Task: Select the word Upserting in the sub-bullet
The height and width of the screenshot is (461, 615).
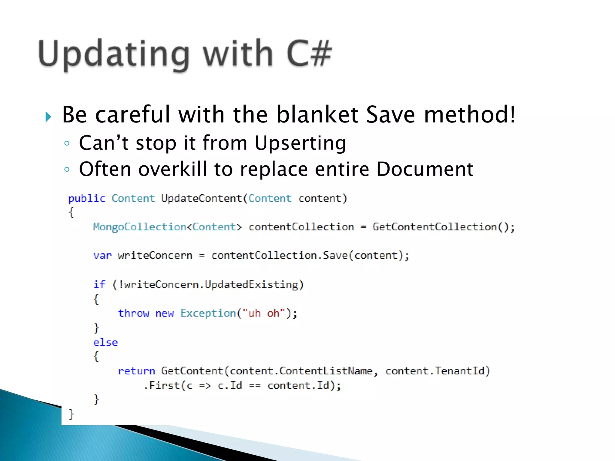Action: pos(300,143)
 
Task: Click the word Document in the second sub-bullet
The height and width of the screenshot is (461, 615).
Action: pos(425,169)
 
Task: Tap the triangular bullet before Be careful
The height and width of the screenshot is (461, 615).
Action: pos(48,116)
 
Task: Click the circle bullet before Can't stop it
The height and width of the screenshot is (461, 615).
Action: pos(67,143)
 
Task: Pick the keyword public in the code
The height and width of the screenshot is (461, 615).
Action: pos(86,198)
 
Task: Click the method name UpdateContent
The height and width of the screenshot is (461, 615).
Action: pos(201,198)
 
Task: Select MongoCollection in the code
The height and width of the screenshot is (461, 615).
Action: pos(139,227)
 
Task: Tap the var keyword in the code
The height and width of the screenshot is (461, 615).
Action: pos(102,255)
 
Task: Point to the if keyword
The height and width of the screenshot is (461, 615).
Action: pos(99,284)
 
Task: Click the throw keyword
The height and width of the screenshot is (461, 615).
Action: pos(133,313)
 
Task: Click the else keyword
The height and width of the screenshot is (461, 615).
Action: pos(105,342)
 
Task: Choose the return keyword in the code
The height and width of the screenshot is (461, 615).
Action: pos(136,371)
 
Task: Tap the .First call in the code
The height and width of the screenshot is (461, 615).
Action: pos(162,385)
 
